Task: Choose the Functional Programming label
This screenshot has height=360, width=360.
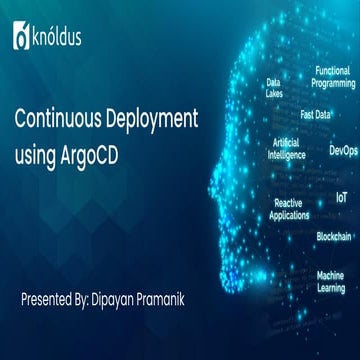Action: click(x=334, y=77)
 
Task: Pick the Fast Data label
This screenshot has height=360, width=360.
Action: click(x=316, y=114)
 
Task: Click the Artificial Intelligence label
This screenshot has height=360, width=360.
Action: click(x=287, y=149)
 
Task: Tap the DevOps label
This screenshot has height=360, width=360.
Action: click(x=342, y=151)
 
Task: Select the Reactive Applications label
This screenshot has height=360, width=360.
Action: click(x=289, y=208)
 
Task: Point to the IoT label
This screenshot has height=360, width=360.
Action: click(x=341, y=198)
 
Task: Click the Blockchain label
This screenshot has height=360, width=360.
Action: click(x=334, y=236)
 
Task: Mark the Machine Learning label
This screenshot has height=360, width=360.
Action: click(x=330, y=280)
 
